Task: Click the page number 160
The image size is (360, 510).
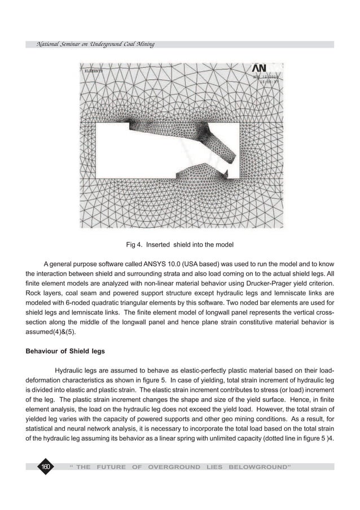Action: (x=44, y=467)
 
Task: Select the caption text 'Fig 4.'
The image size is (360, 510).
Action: (x=134, y=245)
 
